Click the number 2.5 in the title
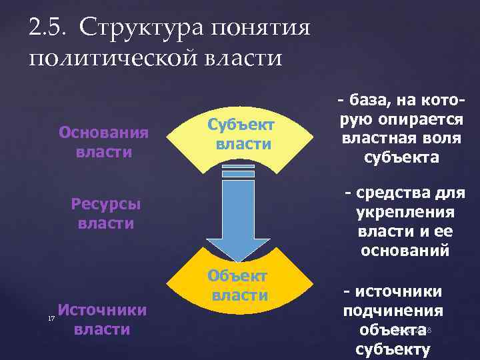(47, 28)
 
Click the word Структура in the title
(144, 28)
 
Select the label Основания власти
(103, 141)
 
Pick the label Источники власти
(103, 319)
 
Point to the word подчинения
(393, 311)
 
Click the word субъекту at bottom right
(393, 348)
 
